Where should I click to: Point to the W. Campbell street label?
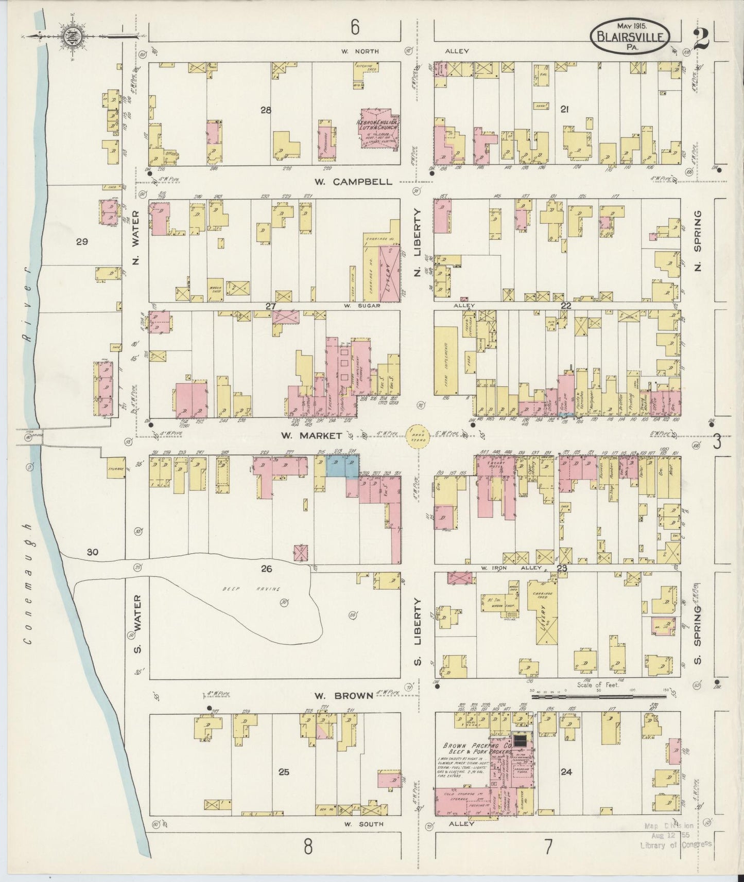[353, 182]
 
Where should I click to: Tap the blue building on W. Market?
[342, 467]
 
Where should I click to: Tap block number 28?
[266, 110]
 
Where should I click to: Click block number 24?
[566, 772]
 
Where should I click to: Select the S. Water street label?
[137, 624]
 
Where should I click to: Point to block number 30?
[93, 552]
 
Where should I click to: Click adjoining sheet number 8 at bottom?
[308, 846]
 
